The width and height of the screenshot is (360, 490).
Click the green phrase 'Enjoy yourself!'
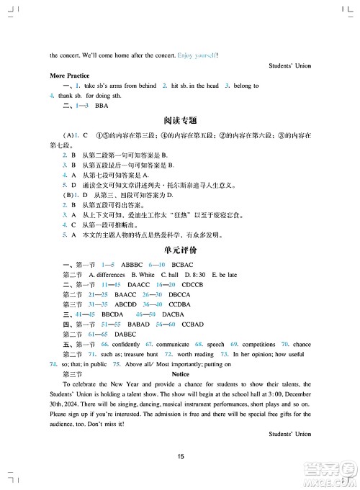click(x=197, y=55)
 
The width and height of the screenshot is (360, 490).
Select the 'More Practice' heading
click(x=70, y=75)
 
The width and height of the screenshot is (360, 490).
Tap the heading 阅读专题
click(x=180, y=120)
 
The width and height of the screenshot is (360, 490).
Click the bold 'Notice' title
click(x=181, y=374)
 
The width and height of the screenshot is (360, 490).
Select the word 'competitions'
click(x=258, y=345)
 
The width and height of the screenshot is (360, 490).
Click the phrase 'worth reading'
click(x=195, y=355)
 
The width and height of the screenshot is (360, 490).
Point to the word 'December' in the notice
click(x=295, y=394)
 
